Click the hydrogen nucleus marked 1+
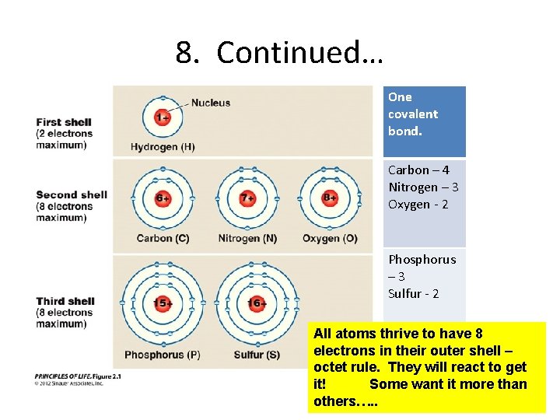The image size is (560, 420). (x=162, y=117)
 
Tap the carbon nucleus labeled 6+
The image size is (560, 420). (x=163, y=198)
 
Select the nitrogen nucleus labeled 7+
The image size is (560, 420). (x=247, y=198)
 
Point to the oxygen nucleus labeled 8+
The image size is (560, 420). (x=330, y=198)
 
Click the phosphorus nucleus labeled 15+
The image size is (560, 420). (x=162, y=303)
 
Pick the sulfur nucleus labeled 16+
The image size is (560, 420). (x=257, y=303)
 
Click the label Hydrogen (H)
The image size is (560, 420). (x=163, y=147)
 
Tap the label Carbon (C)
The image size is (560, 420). (x=163, y=238)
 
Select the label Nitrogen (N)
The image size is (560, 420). (x=247, y=238)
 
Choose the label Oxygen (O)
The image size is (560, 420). (x=330, y=238)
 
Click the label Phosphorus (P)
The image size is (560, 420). (x=162, y=355)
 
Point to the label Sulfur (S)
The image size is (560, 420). (x=257, y=355)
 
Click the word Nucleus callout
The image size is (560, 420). (x=211, y=102)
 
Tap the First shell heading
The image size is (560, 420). (x=64, y=122)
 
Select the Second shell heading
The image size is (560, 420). (x=72, y=195)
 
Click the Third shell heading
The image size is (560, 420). (x=65, y=301)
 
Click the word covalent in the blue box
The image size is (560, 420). (x=413, y=114)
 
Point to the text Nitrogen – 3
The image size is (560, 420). (x=423, y=187)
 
